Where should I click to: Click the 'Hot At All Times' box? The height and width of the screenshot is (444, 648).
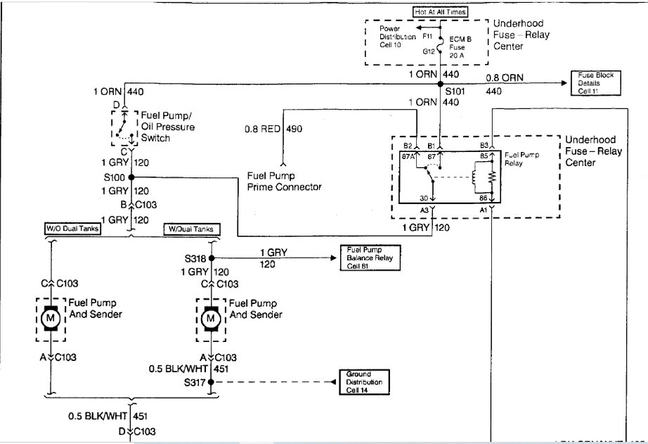pos(440,12)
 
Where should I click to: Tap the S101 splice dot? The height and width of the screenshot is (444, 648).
pos(440,83)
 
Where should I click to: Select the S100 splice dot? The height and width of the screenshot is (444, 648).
pos(131,177)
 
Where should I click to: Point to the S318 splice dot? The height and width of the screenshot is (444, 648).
pos(210,258)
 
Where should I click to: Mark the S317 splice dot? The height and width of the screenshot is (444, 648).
pos(210,382)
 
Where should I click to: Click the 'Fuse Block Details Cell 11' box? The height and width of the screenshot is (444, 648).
pos(596,83)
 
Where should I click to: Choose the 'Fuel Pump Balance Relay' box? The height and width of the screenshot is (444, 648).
pos(370,258)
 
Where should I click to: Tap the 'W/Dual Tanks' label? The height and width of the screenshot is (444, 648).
pos(192,229)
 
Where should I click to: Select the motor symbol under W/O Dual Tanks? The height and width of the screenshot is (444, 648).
pos(51,319)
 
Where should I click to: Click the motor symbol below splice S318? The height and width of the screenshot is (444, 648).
pos(210,319)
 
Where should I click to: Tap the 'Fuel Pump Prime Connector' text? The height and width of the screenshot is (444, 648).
pos(284,181)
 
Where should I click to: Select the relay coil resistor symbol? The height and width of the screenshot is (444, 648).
pos(492,176)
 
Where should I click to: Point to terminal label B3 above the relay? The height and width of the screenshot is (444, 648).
pos(484,146)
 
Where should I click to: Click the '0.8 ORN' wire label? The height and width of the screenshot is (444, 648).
pos(501,77)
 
